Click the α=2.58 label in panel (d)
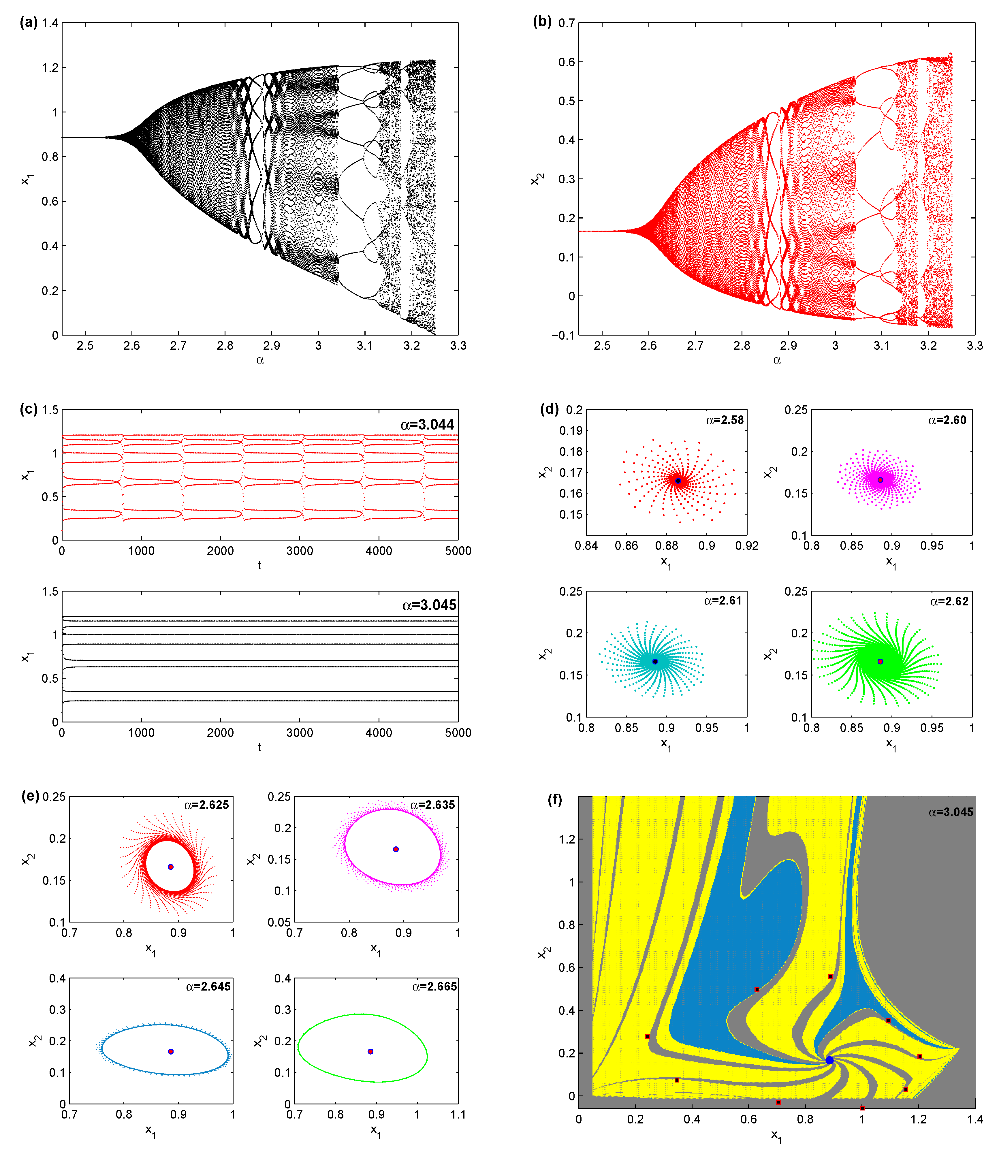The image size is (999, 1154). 725,420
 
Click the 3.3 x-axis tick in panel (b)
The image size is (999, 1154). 974,346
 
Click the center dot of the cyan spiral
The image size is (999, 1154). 655,661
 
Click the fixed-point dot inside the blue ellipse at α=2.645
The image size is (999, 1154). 171,1051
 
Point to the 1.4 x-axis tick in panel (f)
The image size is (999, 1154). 974,1119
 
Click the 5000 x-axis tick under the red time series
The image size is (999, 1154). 458,551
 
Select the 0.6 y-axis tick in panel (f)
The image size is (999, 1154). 567,967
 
